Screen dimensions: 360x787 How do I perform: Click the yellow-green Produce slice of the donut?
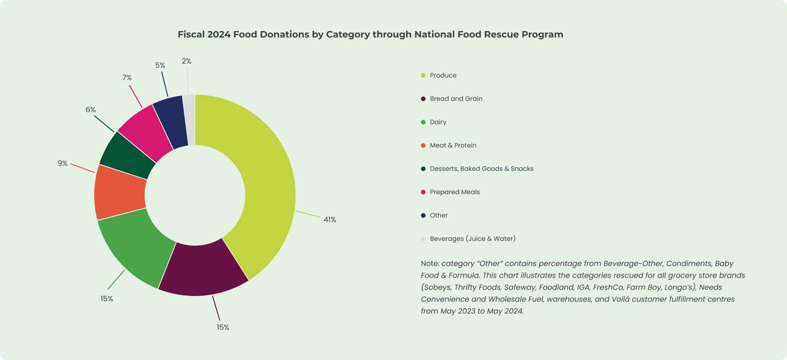[x=270, y=183]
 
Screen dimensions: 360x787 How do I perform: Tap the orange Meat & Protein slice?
[x=120, y=192]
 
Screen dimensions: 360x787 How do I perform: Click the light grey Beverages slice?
[x=189, y=119]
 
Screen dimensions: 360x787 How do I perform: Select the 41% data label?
[x=329, y=220]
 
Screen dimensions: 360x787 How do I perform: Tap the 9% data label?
[x=63, y=163]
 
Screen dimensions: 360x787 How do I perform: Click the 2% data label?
[x=186, y=61]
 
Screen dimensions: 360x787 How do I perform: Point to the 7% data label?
[x=127, y=78]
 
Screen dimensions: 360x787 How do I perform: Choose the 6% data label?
[x=91, y=110]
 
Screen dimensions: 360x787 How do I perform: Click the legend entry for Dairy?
[x=438, y=122]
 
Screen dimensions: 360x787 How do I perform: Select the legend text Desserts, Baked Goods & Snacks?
[x=481, y=169]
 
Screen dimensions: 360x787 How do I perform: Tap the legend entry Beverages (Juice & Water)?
[x=472, y=239]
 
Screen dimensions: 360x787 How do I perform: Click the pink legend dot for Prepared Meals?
[x=423, y=192]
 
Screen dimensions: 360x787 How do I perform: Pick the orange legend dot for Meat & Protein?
[x=423, y=145]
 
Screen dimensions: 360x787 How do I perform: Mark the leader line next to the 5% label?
[x=164, y=84]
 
